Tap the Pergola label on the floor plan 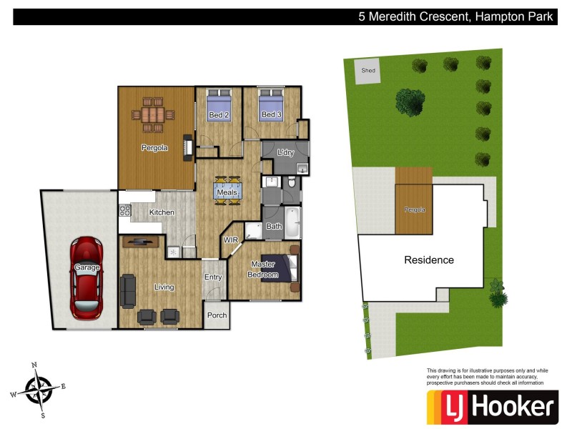pos(154,149)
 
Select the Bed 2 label pos(219,115)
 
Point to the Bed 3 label pos(270,115)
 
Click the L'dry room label pos(285,152)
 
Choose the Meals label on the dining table pos(227,192)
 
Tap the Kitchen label pos(162,212)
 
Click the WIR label pos(231,240)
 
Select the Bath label pos(274,227)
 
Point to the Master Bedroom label pos(262,270)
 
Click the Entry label pos(213,277)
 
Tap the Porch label pos(217,315)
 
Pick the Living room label pos(164,287)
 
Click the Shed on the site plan pos(368,71)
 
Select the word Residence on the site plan pos(429,260)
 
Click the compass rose pos(37,390)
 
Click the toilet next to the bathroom pos(292,184)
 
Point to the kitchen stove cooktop pos(124,210)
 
